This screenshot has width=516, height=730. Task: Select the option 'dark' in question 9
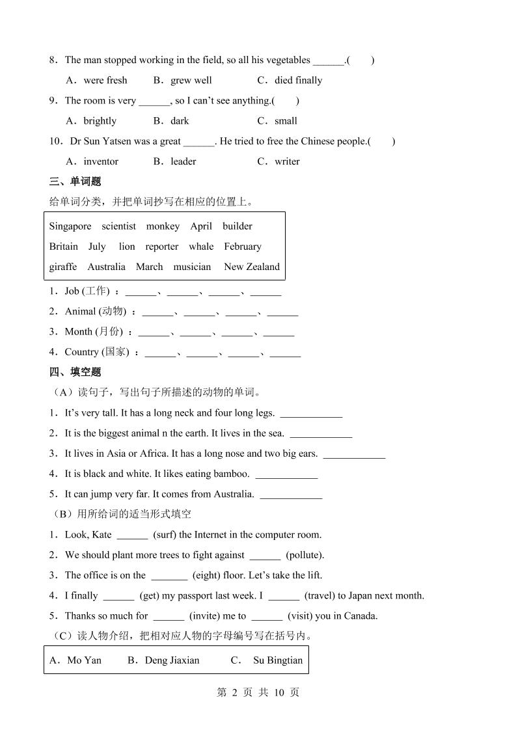(x=180, y=121)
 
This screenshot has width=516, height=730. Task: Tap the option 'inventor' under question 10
(x=101, y=161)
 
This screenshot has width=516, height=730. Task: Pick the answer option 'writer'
(x=287, y=161)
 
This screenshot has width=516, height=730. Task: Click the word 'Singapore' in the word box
(x=70, y=226)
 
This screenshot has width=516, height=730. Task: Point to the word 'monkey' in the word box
(x=163, y=226)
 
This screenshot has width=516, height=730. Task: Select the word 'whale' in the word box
(x=201, y=247)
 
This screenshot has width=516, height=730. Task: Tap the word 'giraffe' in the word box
(x=63, y=267)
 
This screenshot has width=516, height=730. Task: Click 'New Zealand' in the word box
(x=252, y=267)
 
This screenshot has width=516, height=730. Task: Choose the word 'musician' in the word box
(x=192, y=267)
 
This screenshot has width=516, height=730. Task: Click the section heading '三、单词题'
(x=75, y=182)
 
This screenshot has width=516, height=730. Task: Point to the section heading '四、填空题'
(x=75, y=372)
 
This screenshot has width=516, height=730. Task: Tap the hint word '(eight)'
(x=206, y=575)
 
